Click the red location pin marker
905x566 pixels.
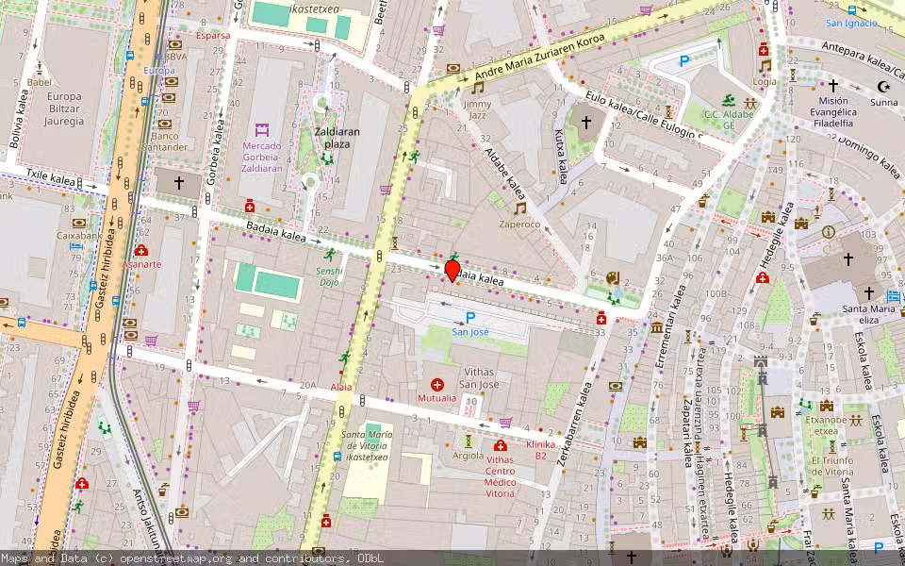(452, 271)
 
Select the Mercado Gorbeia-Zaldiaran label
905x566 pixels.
(262, 157)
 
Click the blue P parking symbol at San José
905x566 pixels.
(470, 318)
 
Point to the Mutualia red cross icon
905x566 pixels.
(436, 384)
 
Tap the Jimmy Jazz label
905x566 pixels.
(478, 108)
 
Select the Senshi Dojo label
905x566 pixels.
(329, 276)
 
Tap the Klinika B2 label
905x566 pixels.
(541, 450)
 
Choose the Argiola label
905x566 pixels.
(469, 456)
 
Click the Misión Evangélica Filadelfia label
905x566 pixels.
(834, 111)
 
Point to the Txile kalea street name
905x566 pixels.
(49, 175)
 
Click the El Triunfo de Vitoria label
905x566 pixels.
(831, 466)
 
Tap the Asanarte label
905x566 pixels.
(141, 264)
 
